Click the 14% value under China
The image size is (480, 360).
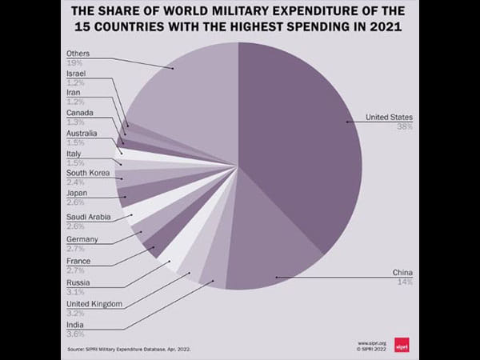click(x=406, y=281)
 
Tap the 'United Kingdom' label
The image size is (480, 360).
click(x=94, y=304)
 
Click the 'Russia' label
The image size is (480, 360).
click(x=78, y=282)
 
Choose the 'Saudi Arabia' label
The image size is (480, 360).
click(x=89, y=217)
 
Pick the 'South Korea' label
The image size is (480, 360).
click(x=87, y=173)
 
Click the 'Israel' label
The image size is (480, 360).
click(x=77, y=74)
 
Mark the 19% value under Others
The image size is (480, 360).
click(x=74, y=62)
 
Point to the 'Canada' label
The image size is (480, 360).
click(x=80, y=114)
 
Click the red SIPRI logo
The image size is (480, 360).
click(x=405, y=346)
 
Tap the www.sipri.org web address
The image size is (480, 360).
click(x=372, y=342)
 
